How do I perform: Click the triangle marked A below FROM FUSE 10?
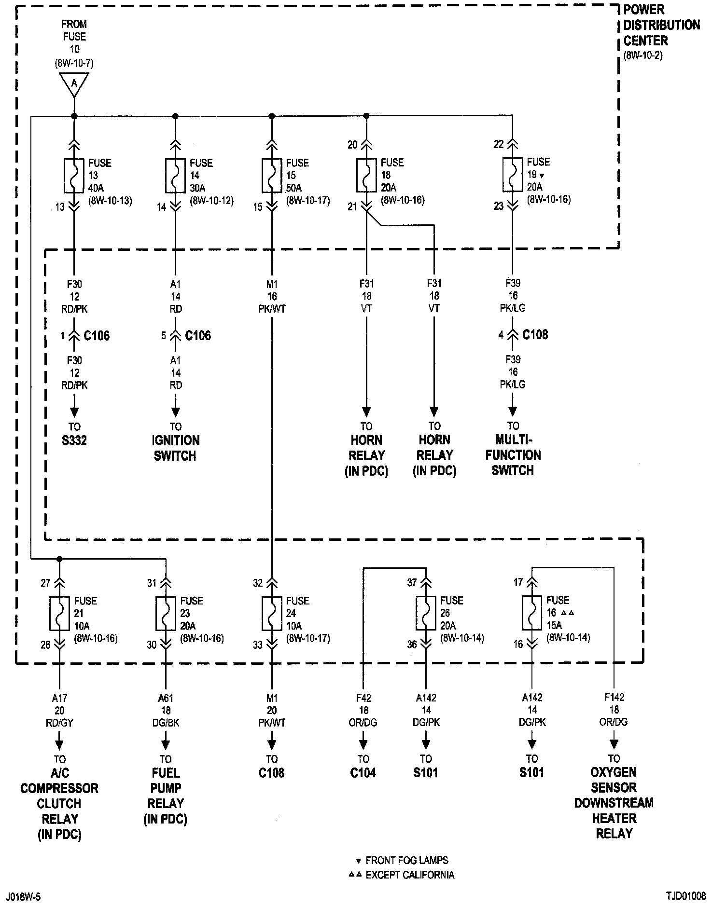[74, 84]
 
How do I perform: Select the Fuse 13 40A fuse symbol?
[74, 176]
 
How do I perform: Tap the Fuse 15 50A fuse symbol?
[272, 176]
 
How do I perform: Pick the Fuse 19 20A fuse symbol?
[513, 175]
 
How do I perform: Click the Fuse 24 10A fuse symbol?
[272, 614]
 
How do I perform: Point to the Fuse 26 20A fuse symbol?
[426, 613]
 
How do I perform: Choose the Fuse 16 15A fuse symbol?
[532, 613]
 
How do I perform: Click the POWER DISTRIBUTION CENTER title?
[661, 25]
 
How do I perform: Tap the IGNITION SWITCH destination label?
[175, 448]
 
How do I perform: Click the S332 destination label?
[74, 441]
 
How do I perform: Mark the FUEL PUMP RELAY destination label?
[166, 796]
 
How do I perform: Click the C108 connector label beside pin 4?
[535, 335]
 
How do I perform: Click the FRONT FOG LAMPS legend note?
[406, 860]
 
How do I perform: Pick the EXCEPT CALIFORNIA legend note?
[410, 875]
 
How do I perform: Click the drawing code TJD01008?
[686, 896]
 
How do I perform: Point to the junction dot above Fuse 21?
[59, 559]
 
